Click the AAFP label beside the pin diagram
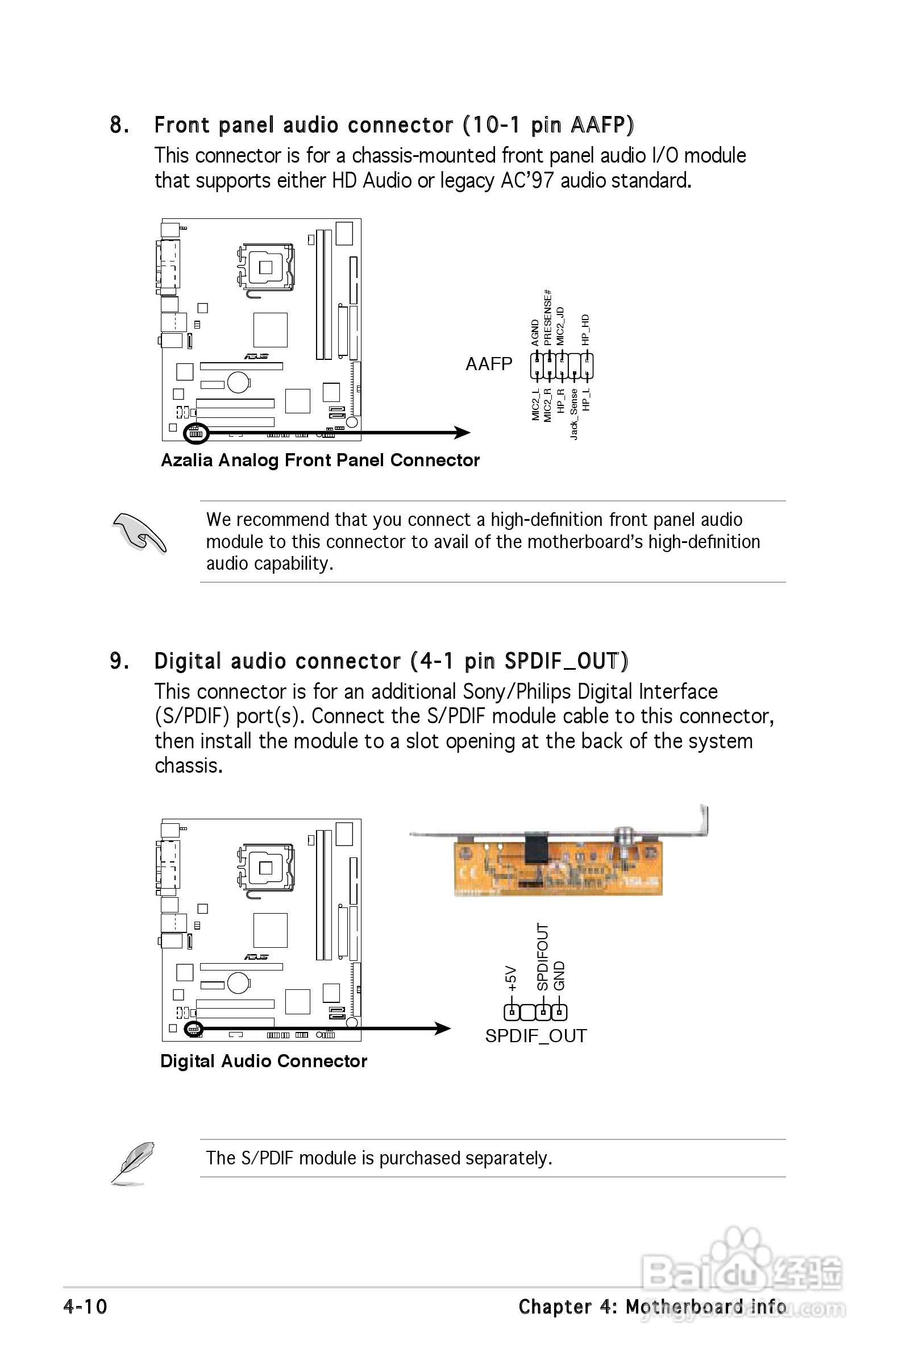[488, 363]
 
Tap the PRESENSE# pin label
[548, 318]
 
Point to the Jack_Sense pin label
[574, 414]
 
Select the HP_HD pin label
[585, 330]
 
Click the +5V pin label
[510, 977]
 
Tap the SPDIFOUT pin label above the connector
[542, 957]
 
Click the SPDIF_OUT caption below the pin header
[535, 1035]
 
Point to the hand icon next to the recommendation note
[139, 533]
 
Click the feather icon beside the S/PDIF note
[134, 1163]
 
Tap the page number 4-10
[85, 1307]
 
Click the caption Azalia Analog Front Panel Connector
[320, 460]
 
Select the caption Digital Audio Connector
[264, 1061]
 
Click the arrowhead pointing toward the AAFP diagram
[462, 433]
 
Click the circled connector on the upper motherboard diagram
[196, 433]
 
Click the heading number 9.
[119, 661]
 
